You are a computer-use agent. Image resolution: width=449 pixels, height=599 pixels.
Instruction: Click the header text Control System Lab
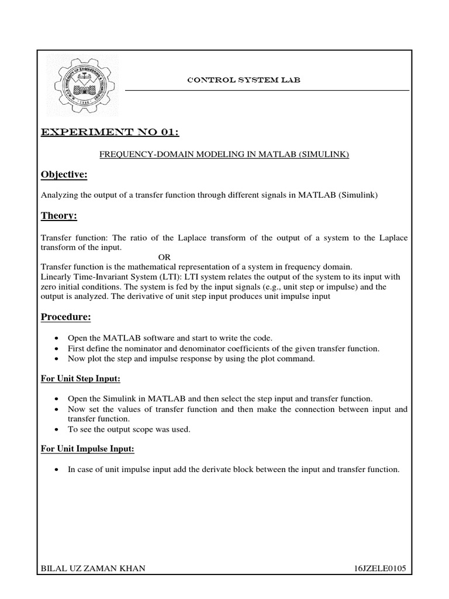click(x=243, y=80)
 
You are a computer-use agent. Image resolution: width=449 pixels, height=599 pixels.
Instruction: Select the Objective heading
click(x=64, y=174)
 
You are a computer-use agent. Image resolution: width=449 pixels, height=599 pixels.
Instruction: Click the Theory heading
click(x=59, y=216)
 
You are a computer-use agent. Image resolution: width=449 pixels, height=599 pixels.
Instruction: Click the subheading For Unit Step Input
click(x=81, y=378)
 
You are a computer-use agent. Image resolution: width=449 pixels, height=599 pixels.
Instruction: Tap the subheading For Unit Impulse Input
click(x=88, y=449)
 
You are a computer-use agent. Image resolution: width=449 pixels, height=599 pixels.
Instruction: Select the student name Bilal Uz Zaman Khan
click(x=92, y=568)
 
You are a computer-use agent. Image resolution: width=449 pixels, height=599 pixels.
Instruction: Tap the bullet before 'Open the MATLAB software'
click(x=56, y=338)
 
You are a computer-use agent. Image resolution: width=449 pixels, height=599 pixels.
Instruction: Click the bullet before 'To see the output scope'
click(x=56, y=429)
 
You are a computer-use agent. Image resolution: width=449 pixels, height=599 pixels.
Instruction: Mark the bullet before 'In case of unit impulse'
click(x=56, y=469)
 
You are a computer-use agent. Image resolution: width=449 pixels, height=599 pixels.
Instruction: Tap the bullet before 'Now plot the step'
click(x=56, y=359)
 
